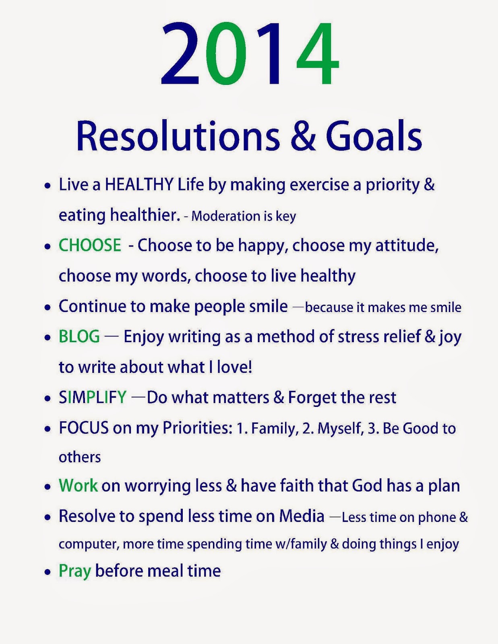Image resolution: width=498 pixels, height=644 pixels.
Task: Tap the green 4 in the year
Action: click(318, 54)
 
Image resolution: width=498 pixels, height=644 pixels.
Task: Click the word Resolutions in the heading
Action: click(178, 136)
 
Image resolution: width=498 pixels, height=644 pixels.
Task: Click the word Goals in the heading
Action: click(374, 136)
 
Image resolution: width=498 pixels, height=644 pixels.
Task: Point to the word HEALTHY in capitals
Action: click(139, 185)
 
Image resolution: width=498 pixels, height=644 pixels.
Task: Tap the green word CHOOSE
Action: click(90, 245)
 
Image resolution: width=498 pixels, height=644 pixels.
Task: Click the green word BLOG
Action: click(79, 336)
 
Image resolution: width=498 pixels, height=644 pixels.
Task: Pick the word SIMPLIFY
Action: click(93, 397)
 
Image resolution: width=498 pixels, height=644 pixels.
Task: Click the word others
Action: click(80, 457)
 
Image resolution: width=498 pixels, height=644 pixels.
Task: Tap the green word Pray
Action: click(75, 572)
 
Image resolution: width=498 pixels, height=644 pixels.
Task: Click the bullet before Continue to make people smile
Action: click(48, 308)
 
